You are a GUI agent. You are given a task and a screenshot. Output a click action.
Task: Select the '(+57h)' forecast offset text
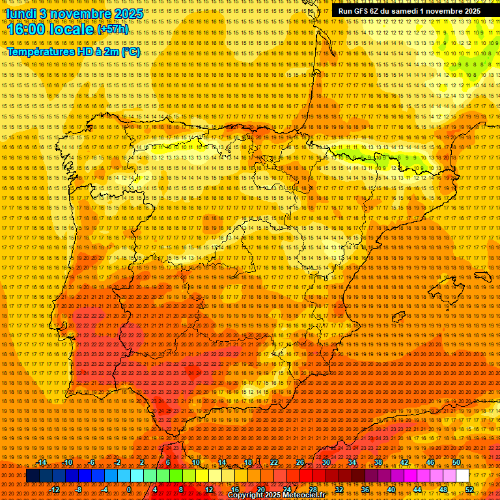pyautogui.click(x=113, y=30)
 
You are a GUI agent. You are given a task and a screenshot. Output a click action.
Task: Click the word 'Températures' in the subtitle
pyautogui.click(x=40, y=51)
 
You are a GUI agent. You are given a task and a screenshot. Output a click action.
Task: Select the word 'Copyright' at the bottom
pyautogui.click(x=245, y=495)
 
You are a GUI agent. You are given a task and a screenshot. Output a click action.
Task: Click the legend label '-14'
pyautogui.click(x=42, y=462)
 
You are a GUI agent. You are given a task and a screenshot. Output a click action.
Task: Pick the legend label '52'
pyautogui.click(x=469, y=489)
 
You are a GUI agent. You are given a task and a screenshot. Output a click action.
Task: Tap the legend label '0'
pyautogui.click(x=130, y=489)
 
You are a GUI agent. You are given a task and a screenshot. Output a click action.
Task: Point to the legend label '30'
pyautogui.click(x=326, y=462)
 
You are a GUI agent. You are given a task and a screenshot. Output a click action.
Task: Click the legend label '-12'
pyautogui.click(x=55, y=489)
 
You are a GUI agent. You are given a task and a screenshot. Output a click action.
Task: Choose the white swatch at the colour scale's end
pyautogui.click(x=463, y=476)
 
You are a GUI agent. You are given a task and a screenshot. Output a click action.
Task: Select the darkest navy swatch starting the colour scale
pyautogui.click(x=33, y=476)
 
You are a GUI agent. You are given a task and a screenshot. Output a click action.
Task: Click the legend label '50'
pyautogui.click(x=456, y=462)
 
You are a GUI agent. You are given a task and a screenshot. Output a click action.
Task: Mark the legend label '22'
pyautogui.click(x=273, y=462)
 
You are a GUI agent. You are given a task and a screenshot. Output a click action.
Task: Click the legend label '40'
pyautogui.click(x=391, y=489)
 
